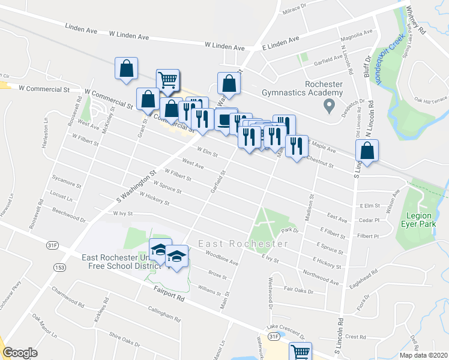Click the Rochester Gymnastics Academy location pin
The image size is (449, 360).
click(x=328, y=107)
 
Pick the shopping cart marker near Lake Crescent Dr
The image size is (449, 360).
click(x=301, y=353)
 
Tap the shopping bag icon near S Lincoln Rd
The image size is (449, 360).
click(x=368, y=151)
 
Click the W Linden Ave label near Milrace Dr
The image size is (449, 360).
click(x=224, y=46)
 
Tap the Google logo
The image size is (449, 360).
click(x=20, y=353)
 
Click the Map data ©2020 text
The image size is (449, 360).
click(x=423, y=355)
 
